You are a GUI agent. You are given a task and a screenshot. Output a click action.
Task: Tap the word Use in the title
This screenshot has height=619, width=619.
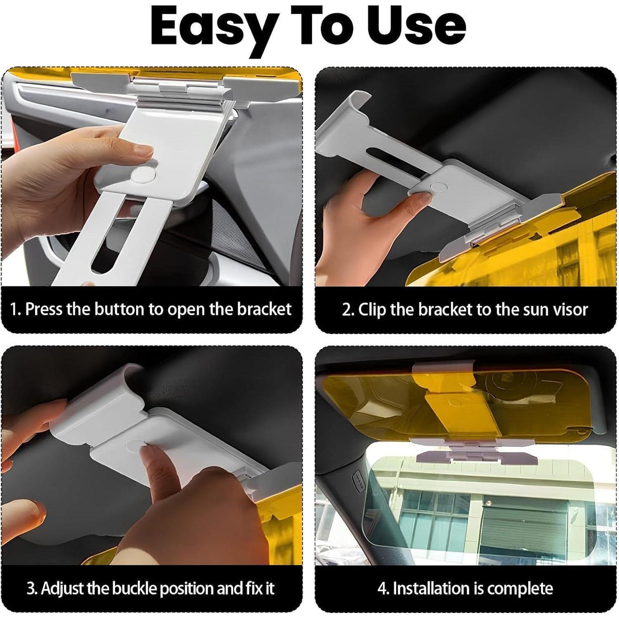pyautogui.click(x=419, y=26)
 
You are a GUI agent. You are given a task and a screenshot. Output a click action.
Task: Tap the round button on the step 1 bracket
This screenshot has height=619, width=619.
pyautogui.click(x=143, y=174)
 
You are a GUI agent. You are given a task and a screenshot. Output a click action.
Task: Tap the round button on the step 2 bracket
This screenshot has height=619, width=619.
pyautogui.click(x=438, y=186)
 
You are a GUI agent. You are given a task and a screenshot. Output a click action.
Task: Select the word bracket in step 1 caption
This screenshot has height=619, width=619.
pyautogui.click(x=264, y=309)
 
